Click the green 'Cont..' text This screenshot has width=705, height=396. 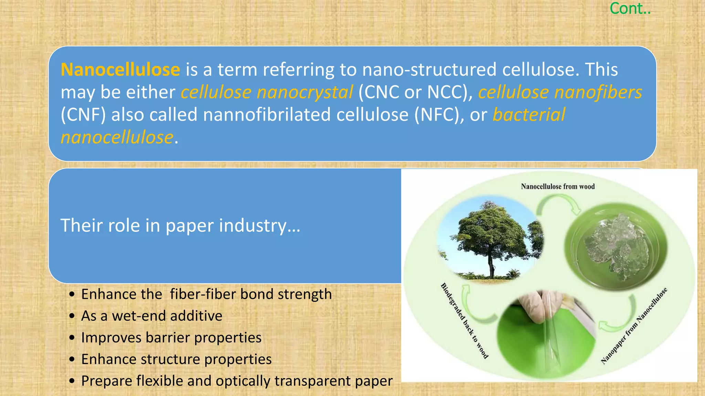(x=630, y=9)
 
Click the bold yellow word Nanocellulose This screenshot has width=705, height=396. (x=120, y=70)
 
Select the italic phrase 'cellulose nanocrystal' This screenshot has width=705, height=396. (x=267, y=92)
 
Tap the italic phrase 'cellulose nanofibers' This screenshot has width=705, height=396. (x=560, y=92)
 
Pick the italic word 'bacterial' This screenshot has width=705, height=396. (x=529, y=115)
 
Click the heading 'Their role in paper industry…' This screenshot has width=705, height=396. (x=180, y=226)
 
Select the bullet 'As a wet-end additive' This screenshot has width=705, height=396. (x=151, y=316)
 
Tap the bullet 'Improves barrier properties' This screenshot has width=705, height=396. (x=171, y=338)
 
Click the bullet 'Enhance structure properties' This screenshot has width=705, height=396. (x=176, y=359)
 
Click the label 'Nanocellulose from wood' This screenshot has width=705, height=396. (x=558, y=187)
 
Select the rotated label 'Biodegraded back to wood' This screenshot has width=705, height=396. (x=464, y=321)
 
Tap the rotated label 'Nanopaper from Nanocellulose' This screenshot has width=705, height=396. (x=634, y=326)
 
